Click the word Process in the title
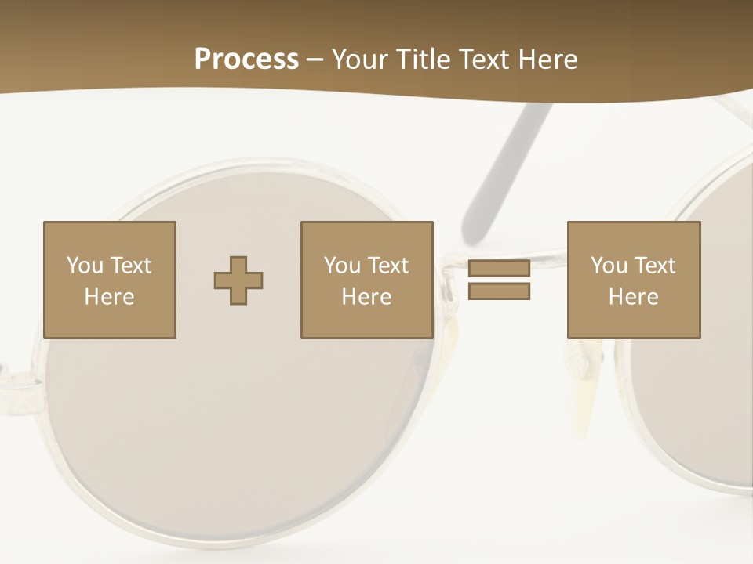(x=246, y=60)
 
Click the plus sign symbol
(x=238, y=280)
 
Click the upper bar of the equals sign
(x=499, y=268)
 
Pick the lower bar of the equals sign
(x=499, y=291)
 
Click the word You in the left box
(x=85, y=266)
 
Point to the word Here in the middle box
(x=367, y=297)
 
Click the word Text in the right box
(x=655, y=266)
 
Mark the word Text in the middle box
(x=388, y=266)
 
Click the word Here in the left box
(x=110, y=297)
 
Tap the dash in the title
(x=315, y=60)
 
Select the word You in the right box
(x=609, y=266)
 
